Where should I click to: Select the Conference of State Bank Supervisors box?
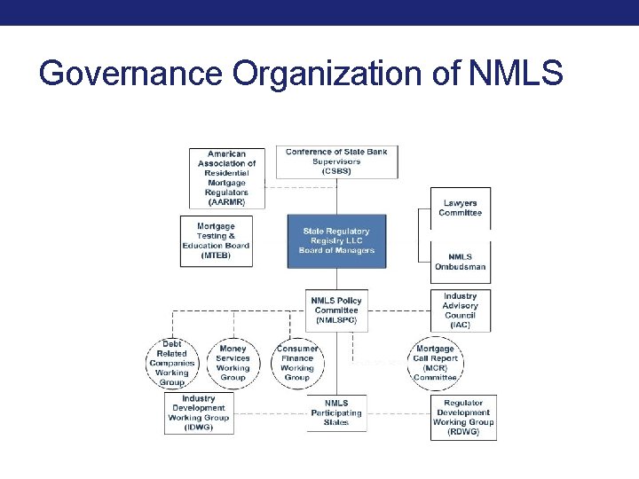click(336, 161)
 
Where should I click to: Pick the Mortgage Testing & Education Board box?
click(217, 240)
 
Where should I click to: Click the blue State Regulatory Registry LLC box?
click(336, 240)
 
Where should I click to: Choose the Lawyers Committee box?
click(460, 208)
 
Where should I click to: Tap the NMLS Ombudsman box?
click(460, 262)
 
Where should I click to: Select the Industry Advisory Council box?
click(460, 310)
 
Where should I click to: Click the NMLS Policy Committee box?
click(336, 310)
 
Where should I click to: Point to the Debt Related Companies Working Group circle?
click(172, 363)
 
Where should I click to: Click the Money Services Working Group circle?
click(233, 363)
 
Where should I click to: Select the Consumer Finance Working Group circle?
click(297, 363)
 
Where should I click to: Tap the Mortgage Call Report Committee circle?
click(435, 363)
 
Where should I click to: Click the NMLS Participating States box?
click(336, 413)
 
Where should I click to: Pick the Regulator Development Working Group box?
click(463, 417)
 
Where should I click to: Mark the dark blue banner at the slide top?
click(319, 12)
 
